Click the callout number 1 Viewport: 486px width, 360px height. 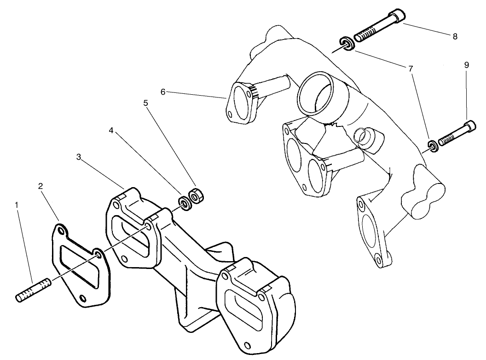[17, 205]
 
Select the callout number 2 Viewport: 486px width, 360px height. [41, 186]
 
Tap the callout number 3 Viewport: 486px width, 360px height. [79, 157]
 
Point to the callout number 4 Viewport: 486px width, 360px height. [111, 131]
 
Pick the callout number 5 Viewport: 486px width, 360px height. [146, 103]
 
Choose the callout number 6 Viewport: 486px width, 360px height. [163, 92]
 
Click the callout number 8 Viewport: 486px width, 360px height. [455, 37]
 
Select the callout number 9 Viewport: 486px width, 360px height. [466, 65]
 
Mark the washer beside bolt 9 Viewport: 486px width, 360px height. [432, 145]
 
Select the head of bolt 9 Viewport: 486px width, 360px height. [469, 126]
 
